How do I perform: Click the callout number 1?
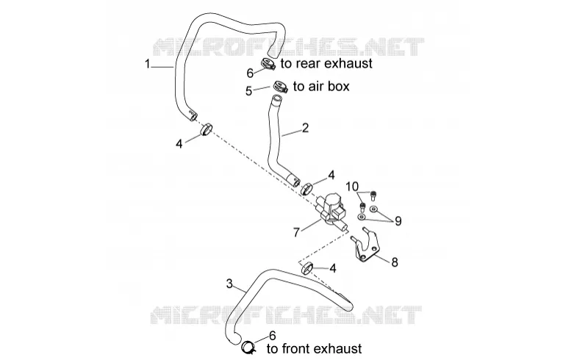[148, 64]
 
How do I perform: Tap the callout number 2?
[305, 128]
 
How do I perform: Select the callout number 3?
[230, 284]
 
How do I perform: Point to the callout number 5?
[248, 91]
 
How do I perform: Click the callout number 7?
[296, 232]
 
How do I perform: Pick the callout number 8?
[395, 262]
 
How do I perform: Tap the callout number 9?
[398, 221]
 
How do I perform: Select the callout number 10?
[352, 187]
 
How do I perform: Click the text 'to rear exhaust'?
[326, 64]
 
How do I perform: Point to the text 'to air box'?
[321, 86]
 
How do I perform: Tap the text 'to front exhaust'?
[315, 349]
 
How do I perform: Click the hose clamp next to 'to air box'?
[279, 87]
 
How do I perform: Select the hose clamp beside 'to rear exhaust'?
[268, 64]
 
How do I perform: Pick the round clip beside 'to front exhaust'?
[248, 347]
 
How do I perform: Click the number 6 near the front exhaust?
[273, 335]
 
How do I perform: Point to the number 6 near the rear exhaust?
[250, 73]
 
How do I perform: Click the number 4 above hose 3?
[333, 268]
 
